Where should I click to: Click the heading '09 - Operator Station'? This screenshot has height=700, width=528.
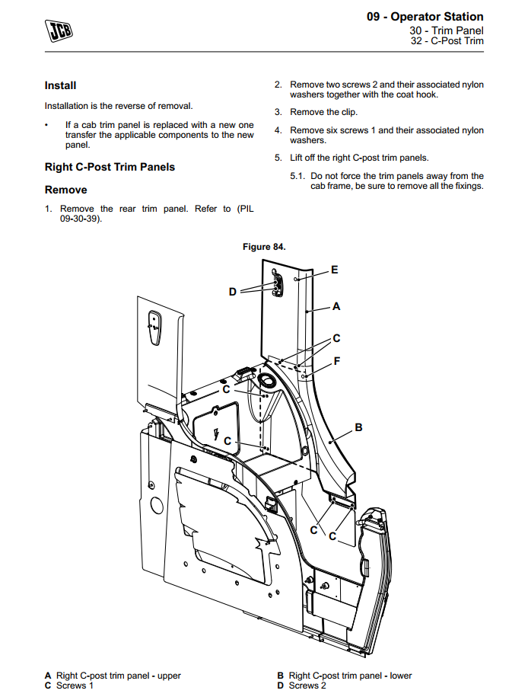pos(425,17)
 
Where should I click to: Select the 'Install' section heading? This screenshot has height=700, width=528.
pos(60,85)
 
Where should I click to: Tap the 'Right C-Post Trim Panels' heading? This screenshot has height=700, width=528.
pos(110,167)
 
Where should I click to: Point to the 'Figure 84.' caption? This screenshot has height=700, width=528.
pos(264,247)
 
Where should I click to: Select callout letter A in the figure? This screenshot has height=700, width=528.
pos(336,306)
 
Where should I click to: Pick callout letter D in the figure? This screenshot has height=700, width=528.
pos(233,291)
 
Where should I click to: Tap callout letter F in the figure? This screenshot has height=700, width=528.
pos(336,360)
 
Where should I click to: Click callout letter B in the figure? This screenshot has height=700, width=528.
pos(359,427)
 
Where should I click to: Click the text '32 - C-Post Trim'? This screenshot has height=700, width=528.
pos(447,41)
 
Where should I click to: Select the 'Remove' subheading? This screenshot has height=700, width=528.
pos(66,190)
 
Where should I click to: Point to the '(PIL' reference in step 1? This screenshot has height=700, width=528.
pos(245,209)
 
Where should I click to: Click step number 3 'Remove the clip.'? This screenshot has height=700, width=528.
pos(278,113)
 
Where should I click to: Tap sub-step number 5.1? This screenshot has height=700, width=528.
pos(297,176)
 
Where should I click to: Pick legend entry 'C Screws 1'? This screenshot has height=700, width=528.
pos(69,686)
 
